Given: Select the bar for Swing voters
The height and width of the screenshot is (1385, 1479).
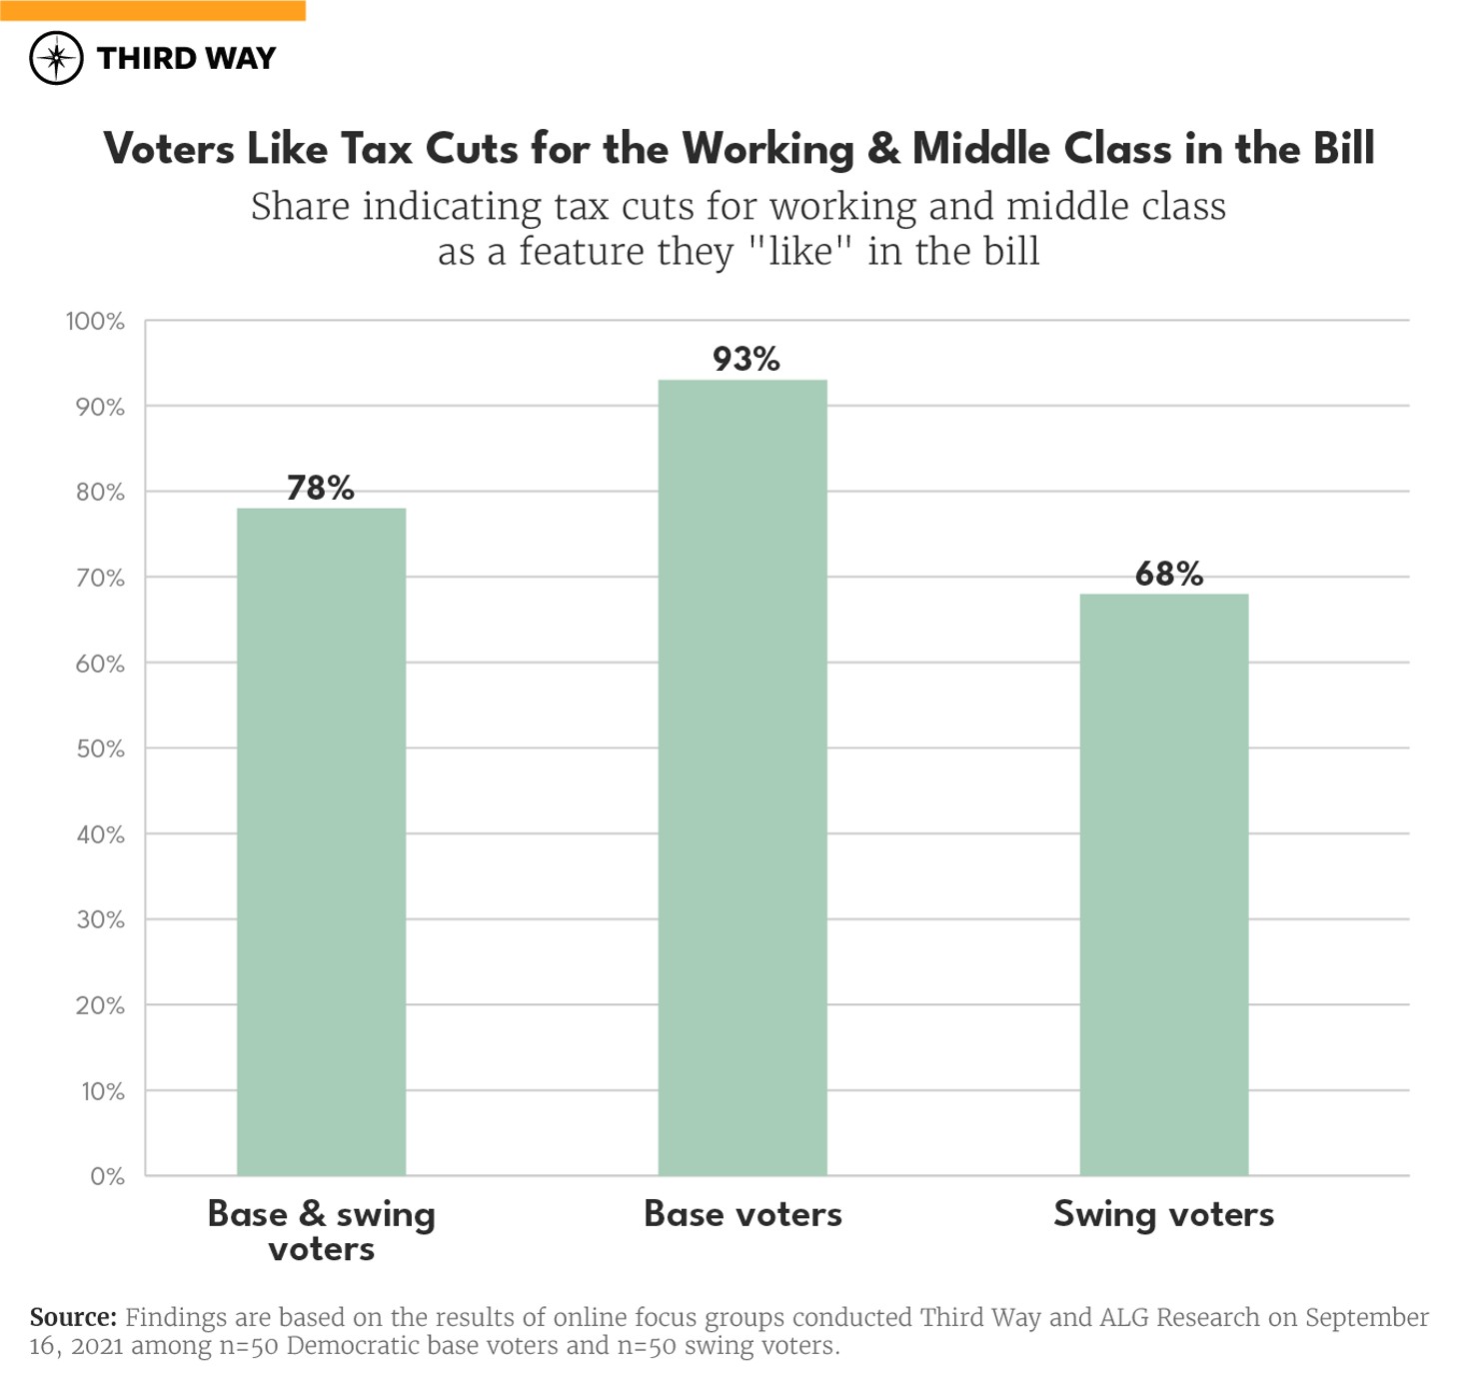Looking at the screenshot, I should [x=1163, y=884].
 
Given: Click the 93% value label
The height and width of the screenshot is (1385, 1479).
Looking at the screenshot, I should [x=745, y=359].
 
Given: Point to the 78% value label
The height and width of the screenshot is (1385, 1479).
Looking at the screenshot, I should [x=321, y=488].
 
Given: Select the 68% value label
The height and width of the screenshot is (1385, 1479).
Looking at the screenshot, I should [x=1168, y=574].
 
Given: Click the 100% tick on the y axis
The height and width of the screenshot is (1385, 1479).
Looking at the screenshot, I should [x=95, y=322].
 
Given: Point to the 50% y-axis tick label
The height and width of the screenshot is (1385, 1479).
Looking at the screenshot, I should [x=100, y=749].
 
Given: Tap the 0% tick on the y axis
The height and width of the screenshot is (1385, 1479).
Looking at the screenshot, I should [x=107, y=1176].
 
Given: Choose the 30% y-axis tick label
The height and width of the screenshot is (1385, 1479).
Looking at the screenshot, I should [x=100, y=920].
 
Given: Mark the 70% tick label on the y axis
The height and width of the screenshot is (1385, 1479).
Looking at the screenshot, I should [x=100, y=579].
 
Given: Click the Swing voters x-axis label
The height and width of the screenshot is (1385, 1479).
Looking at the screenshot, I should [x=1163, y=1214].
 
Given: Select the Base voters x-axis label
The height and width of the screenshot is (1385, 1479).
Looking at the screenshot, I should [x=742, y=1214].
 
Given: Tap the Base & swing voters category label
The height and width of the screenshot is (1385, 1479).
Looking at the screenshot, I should [x=321, y=1231].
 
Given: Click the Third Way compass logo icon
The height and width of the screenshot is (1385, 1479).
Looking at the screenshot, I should [x=56, y=58].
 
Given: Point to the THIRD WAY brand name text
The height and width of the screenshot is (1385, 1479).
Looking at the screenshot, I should [x=186, y=58].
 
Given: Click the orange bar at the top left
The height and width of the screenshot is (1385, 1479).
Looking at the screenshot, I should [x=153, y=10].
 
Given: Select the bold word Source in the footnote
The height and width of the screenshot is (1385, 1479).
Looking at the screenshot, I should [x=72, y=1317].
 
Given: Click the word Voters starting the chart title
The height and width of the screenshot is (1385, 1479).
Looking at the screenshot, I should [x=169, y=149].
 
